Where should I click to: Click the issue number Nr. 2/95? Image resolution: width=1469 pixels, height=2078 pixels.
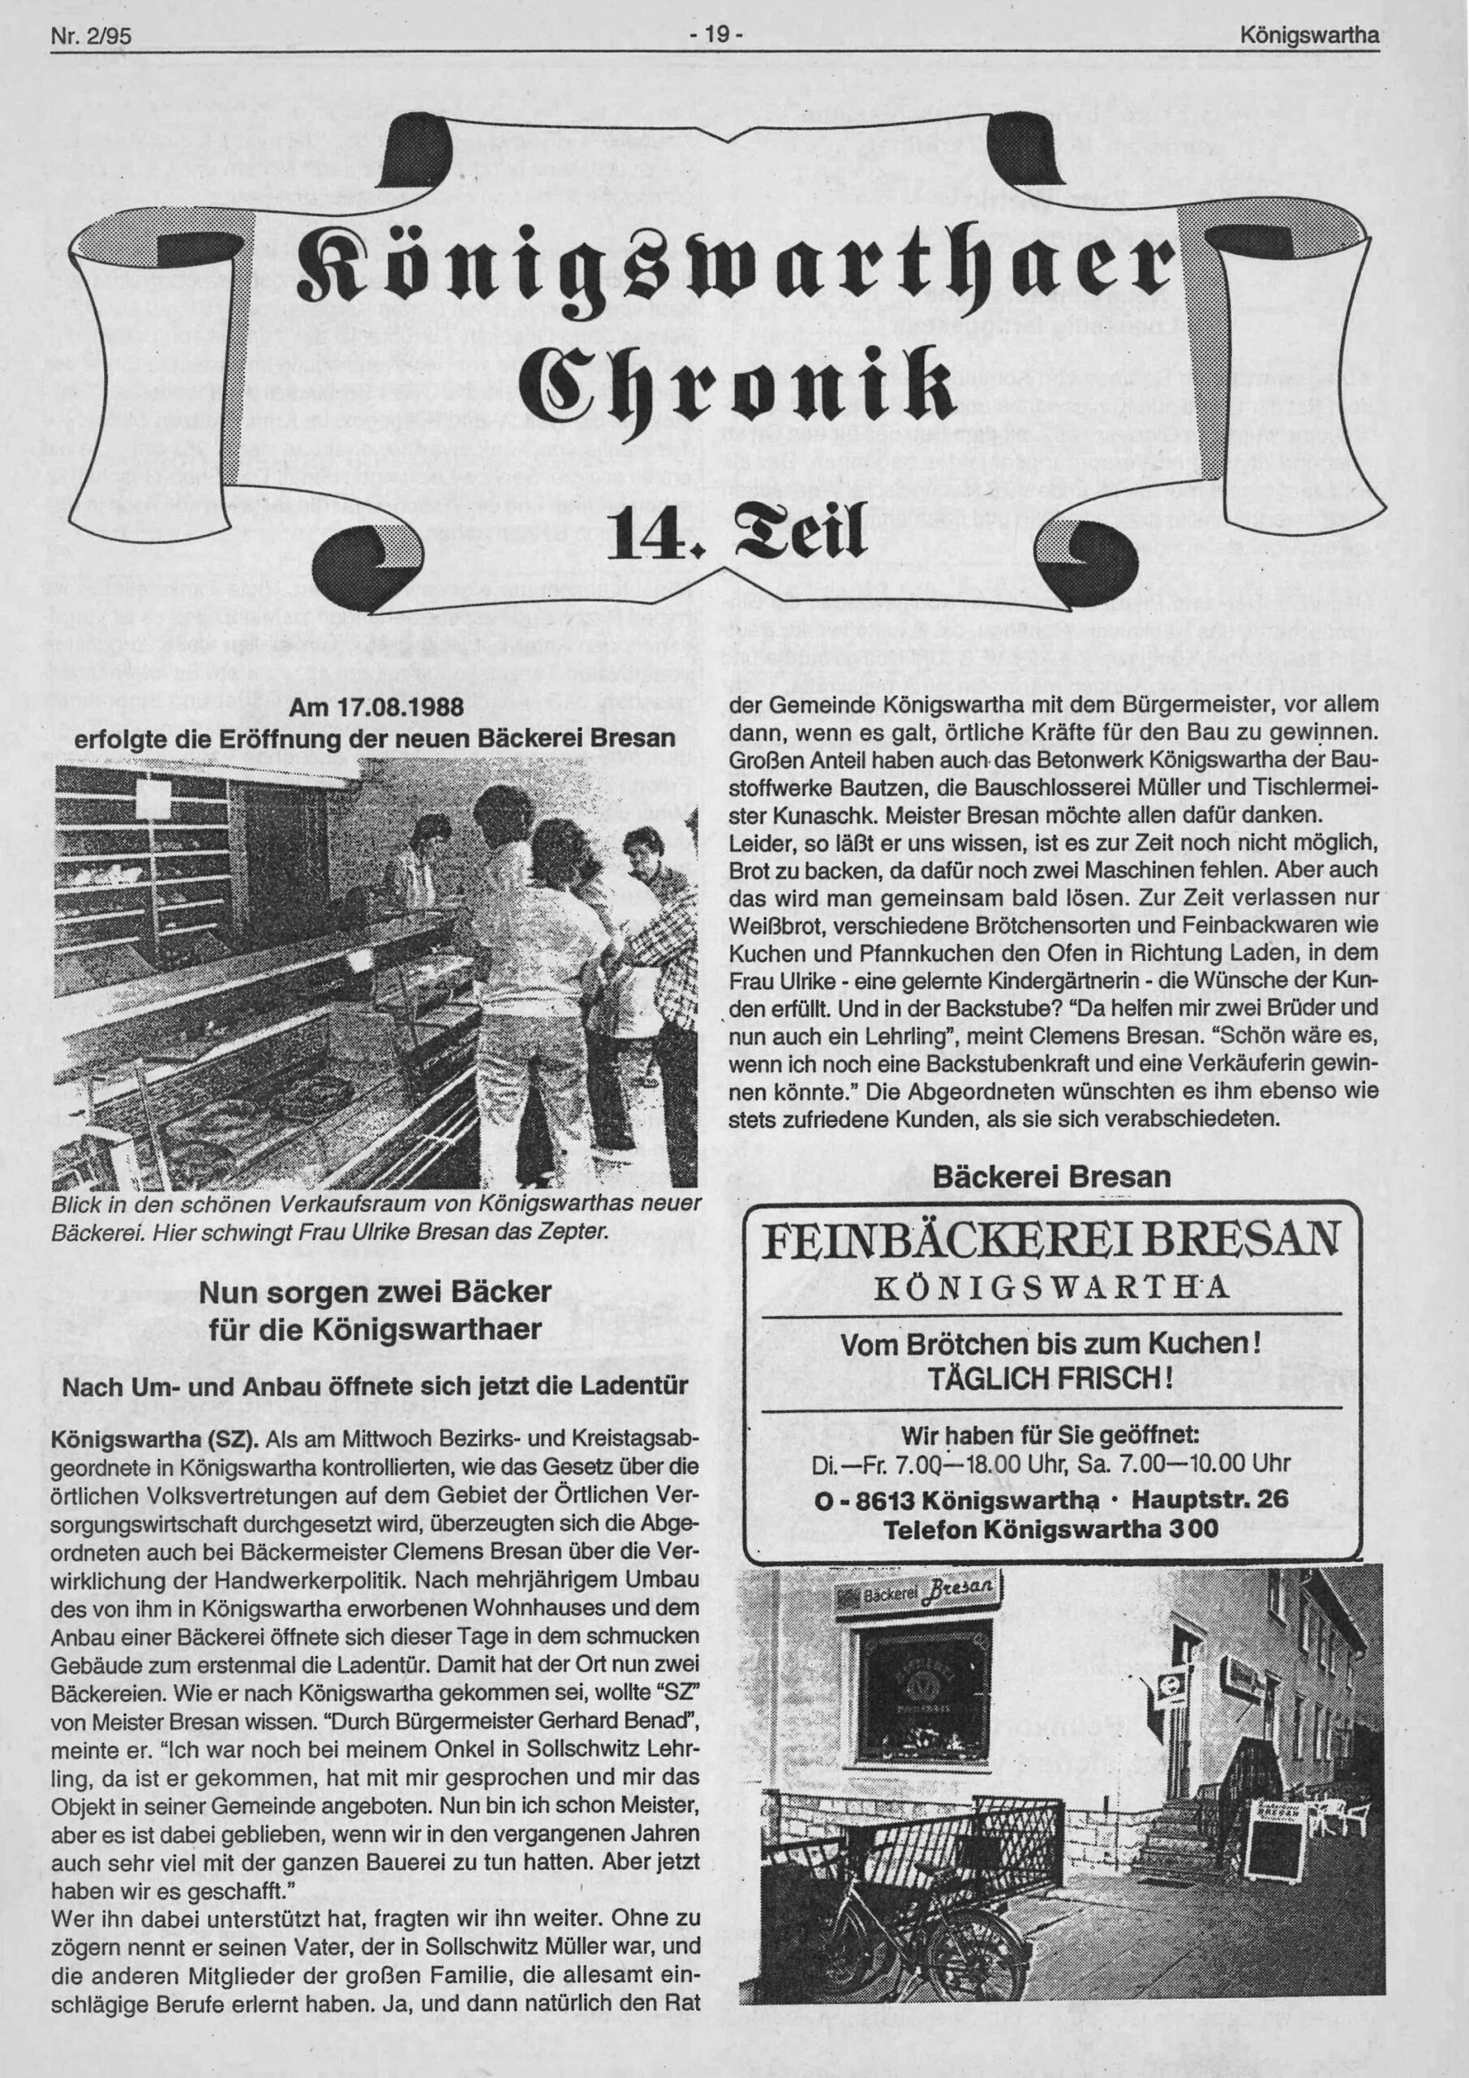[92, 37]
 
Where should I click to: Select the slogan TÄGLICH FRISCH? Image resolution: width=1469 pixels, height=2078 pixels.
[1052, 1380]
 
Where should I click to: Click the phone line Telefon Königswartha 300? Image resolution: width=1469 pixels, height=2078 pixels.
[1050, 1528]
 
